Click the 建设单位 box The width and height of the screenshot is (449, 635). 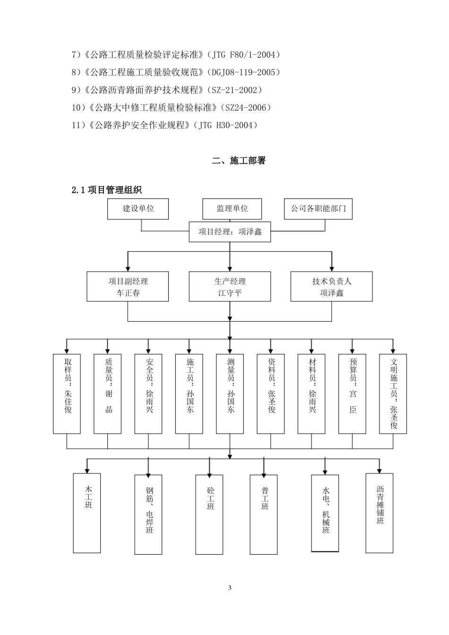(138, 209)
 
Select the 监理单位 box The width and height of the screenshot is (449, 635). (232, 209)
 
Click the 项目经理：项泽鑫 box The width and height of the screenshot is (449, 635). (230, 232)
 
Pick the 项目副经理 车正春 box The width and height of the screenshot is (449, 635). (128, 286)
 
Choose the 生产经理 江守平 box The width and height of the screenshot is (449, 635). (230, 286)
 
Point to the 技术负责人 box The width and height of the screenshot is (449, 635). (331, 286)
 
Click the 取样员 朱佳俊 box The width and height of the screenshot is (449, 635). (67, 394)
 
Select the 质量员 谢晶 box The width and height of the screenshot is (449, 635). (108, 394)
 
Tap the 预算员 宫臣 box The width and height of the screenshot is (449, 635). (352, 394)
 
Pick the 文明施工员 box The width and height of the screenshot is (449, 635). (393, 394)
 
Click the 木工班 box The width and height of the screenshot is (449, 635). (87, 513)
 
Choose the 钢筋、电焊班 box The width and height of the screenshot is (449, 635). (148, 514)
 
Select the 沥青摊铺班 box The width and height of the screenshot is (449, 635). (380, 513)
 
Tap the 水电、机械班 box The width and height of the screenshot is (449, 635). (325, 513)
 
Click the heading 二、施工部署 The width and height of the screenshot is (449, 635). (239, 161)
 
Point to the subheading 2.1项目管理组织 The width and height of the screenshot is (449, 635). (106, 190)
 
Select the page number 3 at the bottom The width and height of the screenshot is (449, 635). (230, 588)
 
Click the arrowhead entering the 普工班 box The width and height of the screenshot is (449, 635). (264, 472)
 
